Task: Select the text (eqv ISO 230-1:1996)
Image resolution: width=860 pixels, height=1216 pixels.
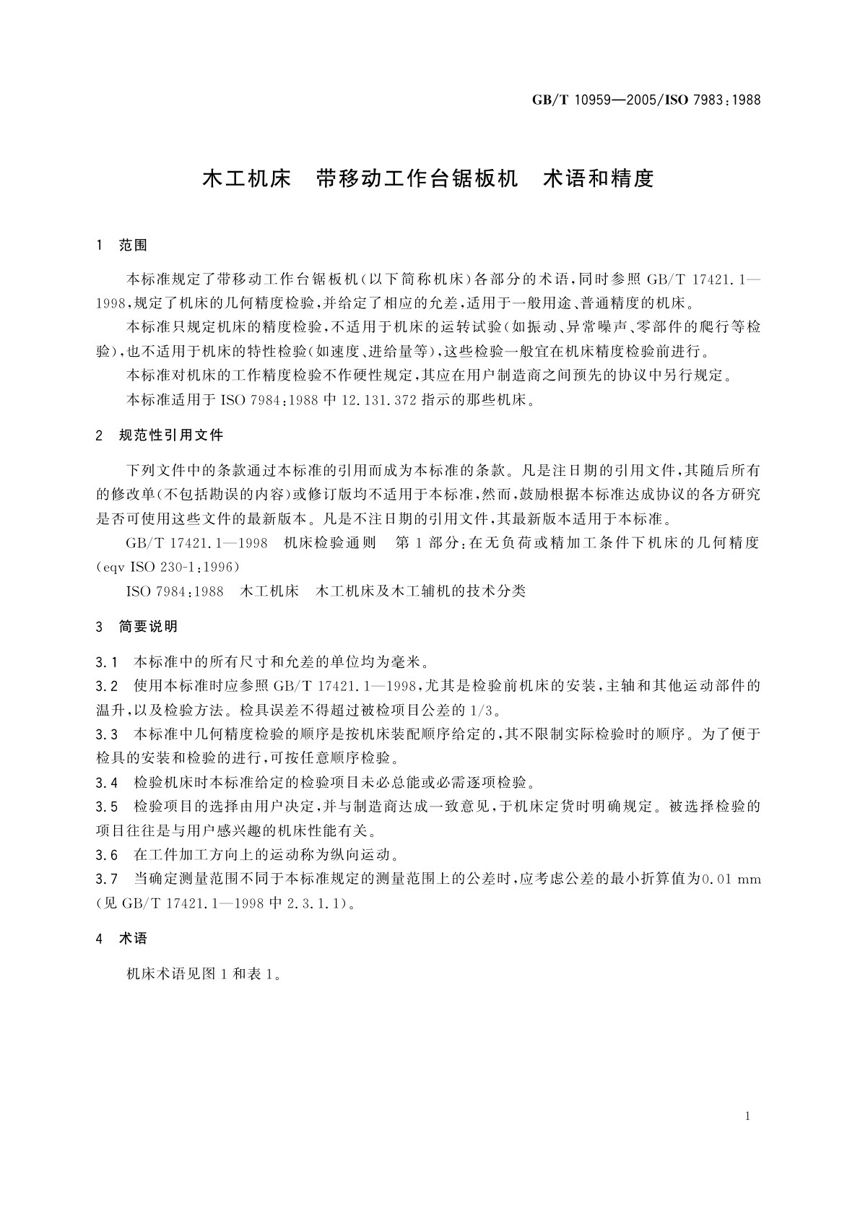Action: coord(168,566)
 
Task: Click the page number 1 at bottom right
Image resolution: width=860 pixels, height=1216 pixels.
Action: coord(747,1116)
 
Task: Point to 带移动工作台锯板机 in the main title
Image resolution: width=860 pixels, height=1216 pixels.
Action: coord(417,178)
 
